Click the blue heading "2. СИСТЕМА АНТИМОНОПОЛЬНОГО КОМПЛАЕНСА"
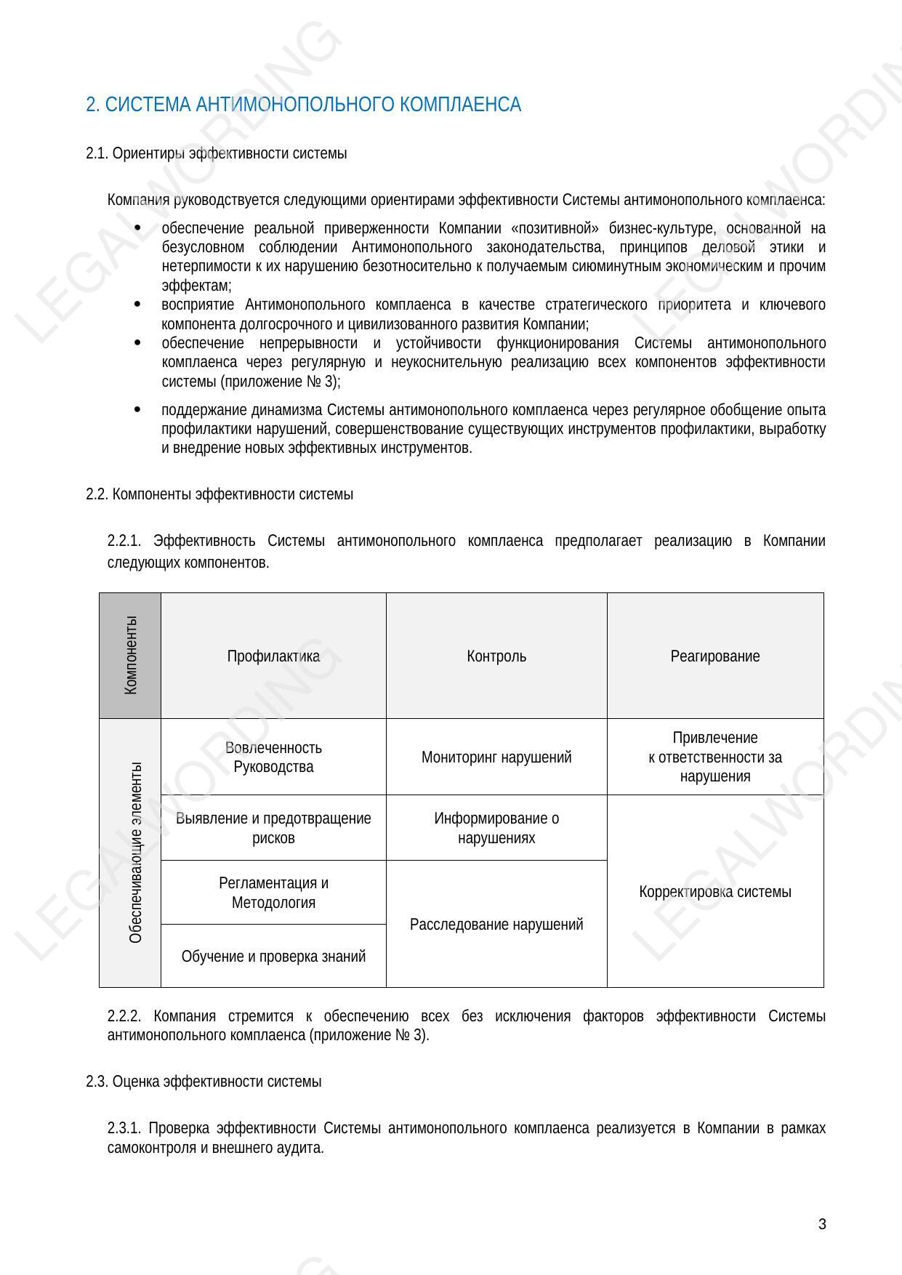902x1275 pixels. pos(303,105)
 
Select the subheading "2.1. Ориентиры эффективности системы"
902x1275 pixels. pos(216,153)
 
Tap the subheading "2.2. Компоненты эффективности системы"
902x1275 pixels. pos(220,494)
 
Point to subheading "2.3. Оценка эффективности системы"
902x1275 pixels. pos(204,1082)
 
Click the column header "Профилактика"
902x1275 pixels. pos(273,656)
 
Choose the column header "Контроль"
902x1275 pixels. pos(496,656)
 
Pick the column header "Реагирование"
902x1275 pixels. pos(715,656)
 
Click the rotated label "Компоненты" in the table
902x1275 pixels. pos(131,655)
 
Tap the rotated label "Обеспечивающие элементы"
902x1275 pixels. pos(135,853)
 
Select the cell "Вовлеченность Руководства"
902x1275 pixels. pos(273,757)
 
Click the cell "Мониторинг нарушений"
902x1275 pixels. pos(496,757)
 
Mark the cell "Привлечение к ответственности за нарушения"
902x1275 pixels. pos(715,757)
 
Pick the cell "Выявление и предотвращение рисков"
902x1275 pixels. pos(273,828)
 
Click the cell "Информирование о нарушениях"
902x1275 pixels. pos(496,828)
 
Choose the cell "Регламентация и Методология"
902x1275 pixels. pos(273,893)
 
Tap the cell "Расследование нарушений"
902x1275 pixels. pos(496,925)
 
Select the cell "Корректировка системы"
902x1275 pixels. pos(715,892)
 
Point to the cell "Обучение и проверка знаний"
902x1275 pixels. pos(273,957)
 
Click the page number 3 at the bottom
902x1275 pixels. pos(822,1225)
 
